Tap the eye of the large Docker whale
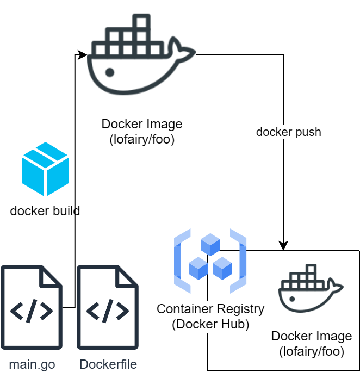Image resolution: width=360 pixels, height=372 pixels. coord(110,72)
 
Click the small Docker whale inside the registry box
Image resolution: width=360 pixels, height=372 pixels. coord(311,288)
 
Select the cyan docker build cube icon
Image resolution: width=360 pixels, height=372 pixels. coord(45,169)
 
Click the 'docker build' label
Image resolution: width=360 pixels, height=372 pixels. coord(45,211)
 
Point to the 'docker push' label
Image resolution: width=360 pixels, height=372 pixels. coord(288,132)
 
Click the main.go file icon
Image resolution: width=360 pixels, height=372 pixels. coord(32,307)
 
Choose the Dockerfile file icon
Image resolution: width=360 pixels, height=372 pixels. coord(108,307)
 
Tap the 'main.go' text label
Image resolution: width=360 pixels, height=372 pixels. coord(32,364)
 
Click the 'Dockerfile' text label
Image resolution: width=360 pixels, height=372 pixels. coord(108,364)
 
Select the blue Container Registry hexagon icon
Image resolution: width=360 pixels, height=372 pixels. coord(210,261)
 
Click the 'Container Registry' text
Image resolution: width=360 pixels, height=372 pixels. coord(210,309)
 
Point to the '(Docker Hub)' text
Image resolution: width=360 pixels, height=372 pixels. coord(210,325)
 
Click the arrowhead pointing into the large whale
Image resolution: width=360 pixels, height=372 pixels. coord(83,55)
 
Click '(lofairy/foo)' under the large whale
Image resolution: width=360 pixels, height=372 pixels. coord(142,139)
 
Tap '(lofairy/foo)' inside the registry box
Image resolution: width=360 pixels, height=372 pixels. coord(312,351)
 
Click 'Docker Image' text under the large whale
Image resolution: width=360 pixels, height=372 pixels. coord(142,124)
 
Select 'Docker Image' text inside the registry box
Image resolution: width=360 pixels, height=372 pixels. coord(312,336)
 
